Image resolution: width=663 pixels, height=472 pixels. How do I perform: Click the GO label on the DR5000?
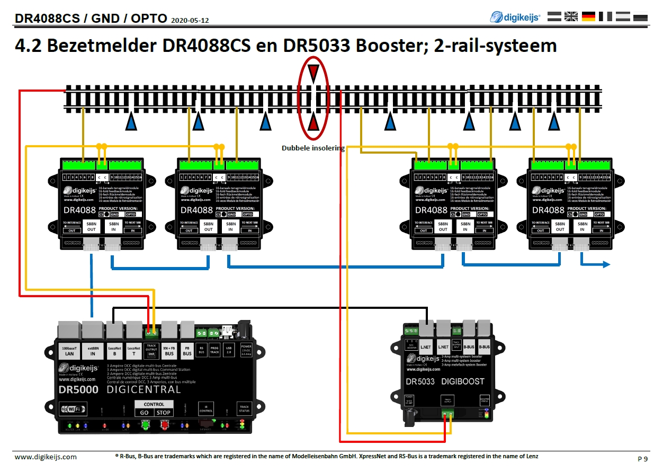144,413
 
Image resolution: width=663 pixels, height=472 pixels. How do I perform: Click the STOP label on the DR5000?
164,413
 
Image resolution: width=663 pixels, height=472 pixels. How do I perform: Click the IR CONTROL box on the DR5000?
206,408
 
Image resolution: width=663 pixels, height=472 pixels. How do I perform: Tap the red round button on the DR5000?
165,424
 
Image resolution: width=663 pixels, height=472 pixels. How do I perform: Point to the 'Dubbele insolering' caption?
313,148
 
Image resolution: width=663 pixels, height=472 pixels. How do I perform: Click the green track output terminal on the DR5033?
448,414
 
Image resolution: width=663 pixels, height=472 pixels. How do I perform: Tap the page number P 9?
642,458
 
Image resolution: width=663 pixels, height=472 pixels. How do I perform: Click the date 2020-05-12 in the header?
190,20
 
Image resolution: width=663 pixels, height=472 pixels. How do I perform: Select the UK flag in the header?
571,16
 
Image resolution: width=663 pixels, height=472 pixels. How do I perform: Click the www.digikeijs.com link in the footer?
46,457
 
